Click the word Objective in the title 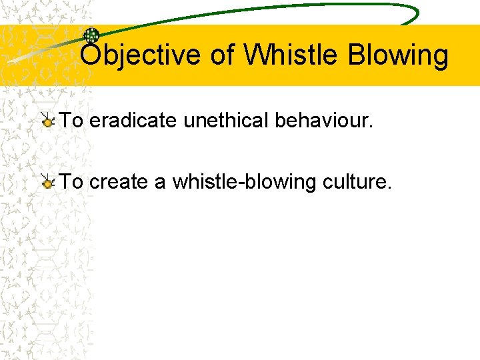point(139,55)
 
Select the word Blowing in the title point(397,55)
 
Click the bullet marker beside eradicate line point(47,121)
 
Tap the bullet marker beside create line point(47,181)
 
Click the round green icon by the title point(91,36)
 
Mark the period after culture point(389,187)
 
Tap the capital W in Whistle point(256,55)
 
